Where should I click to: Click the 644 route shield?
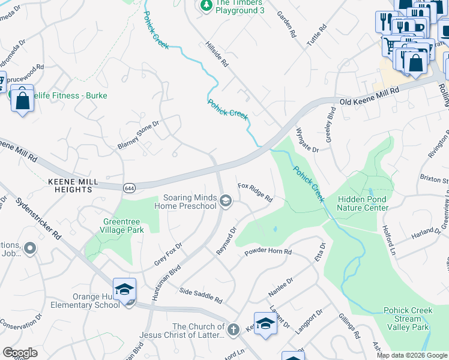pyautogui.click(x=129, y=188)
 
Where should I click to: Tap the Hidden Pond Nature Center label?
pyautogui.click(x=363, y=203)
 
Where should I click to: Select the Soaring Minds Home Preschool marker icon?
pyautogui.click(x=226, y=202)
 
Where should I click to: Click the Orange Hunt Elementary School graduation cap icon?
pyautogui.click(x=124, y=289)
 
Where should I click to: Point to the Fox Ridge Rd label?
pyautogui.click(x=255, y=192)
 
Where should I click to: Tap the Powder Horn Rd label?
pyautogui.click(x=268, y=252)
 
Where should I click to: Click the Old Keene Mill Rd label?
pyautogui.click(x=369, y=97)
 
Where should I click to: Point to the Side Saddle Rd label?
pyautogui.click(x=200, y=295)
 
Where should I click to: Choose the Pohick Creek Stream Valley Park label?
pyautogui.click(x=407, y=319)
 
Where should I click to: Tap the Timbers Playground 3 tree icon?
pyautogui.click(x=206, y=5)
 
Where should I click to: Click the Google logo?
pyautogui.click(x=20, y=352)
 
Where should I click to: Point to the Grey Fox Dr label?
pyautogui.click(x=167, y=253)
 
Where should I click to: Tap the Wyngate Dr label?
pyautogui.click(x=307, y=140)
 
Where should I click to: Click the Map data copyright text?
pyautogui.click(x=411, y=355)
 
